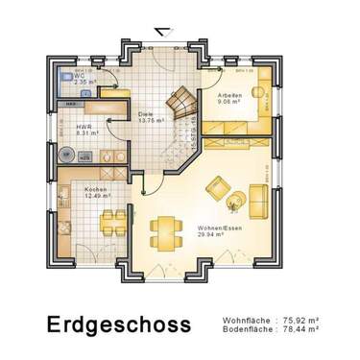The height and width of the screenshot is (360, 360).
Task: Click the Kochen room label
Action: click(96, 190)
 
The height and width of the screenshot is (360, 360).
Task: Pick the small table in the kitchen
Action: click(114, 221)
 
